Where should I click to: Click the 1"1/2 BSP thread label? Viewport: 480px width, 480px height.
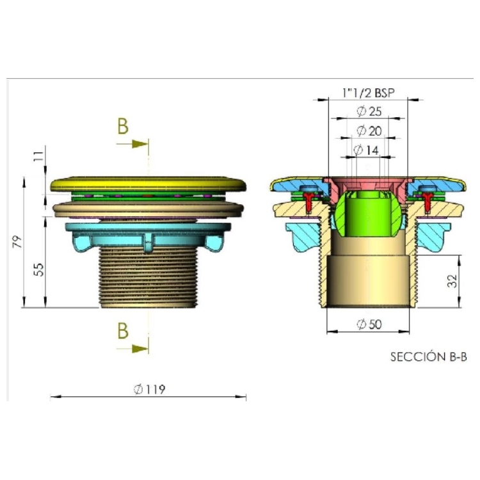[x=369, y=92]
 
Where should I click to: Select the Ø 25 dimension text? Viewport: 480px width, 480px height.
[x=369, y=111]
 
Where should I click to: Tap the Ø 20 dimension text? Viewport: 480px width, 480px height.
[x=369, y=131]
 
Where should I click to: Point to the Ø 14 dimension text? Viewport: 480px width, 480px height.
[x=366, y=150]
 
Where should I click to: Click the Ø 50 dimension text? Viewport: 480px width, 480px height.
[x=369, y=324]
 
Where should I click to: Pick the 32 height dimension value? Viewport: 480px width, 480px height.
[x=452, y=281]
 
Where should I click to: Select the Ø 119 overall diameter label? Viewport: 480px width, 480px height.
[x=149, y=389]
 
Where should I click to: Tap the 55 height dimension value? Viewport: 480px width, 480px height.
[x=39, y=269]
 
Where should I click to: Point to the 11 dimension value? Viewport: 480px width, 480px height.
[x=39, y=156]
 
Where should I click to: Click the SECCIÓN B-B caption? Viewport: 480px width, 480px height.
[x=429, y=357]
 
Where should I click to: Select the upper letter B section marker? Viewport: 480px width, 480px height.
[x=123, y=126]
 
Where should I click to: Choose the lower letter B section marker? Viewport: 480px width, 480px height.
[x=123, y=331]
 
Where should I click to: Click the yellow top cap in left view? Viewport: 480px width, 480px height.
[x=148, y=184]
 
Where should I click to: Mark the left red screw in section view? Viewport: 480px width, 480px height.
[x=310, y=200]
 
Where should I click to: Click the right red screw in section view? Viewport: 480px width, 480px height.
[x=427, y=200]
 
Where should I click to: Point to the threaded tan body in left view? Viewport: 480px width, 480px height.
[x=148, y=277]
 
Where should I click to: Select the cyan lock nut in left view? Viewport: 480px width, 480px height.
[x=148, y=236]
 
